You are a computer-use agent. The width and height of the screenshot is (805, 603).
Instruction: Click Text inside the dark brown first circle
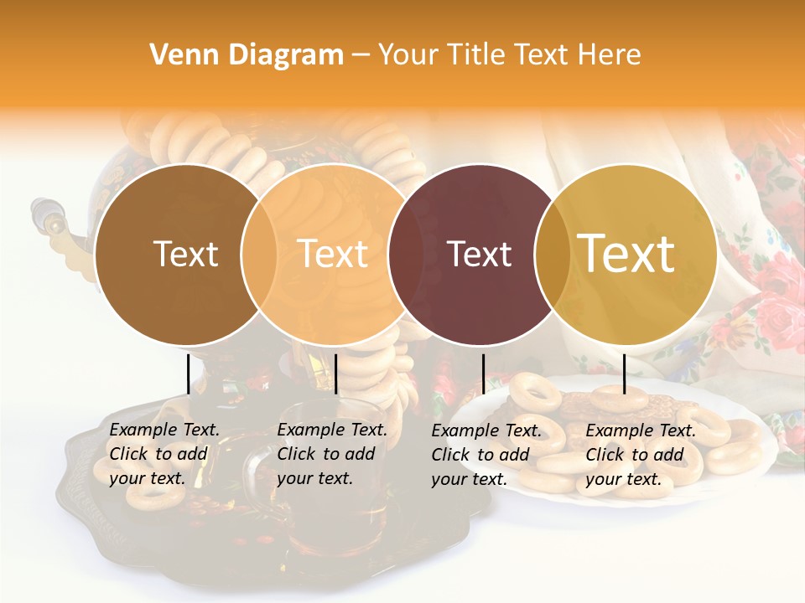[x=185, y=254]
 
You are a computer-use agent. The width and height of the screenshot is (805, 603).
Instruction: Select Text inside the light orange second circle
[x=333, y=254]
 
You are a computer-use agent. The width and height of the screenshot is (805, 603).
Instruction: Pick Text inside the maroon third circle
[x=480, y=254]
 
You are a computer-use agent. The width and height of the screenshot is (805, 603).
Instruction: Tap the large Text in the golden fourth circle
[x=626, y=254]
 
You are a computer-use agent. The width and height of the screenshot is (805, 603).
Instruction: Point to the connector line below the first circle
[x=188, y=374]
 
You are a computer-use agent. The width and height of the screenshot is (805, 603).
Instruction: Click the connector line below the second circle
[x=335, y=374]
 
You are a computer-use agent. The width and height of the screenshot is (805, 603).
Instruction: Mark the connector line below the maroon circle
[x=483, y=374]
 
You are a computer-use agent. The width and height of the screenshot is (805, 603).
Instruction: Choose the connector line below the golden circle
[x=624, y=374]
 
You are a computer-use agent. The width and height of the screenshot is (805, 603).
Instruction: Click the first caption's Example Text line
[x=164, y=430]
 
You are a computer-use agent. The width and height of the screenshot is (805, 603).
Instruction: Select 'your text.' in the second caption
[x=314, y=478]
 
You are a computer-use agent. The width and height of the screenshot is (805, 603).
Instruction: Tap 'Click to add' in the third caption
[x=480, y=455]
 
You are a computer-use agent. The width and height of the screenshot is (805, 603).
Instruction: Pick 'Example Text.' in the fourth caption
[x=641, y=431]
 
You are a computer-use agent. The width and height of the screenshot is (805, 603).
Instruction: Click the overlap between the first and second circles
[x=260, y=254]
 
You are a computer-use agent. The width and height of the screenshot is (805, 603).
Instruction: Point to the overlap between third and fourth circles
[x=549, y=254]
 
